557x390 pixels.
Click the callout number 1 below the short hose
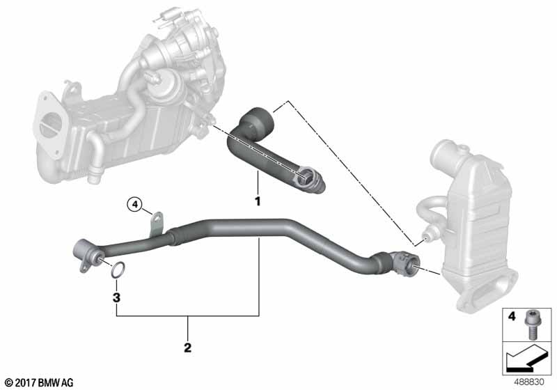[258, 201]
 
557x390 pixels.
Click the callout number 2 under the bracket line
[187, 348]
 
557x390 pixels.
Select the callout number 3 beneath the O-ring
[116, 297]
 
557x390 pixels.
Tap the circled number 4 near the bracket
[134, 204]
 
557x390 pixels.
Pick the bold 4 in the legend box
[512, 315]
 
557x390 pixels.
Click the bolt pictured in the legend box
[531, 324]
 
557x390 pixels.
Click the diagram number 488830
[529, 382]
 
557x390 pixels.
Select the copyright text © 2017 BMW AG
[40, 382]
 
